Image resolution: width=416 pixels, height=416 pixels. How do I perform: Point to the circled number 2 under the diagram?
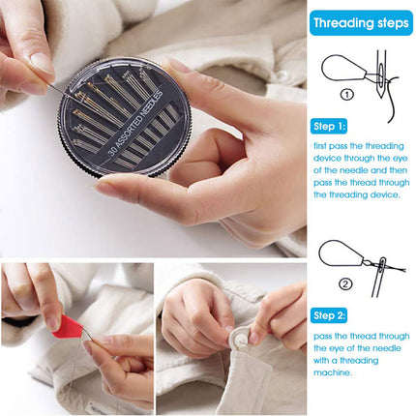pos(346,283)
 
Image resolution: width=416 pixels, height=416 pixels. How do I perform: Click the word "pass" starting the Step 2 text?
pos(324,334)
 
